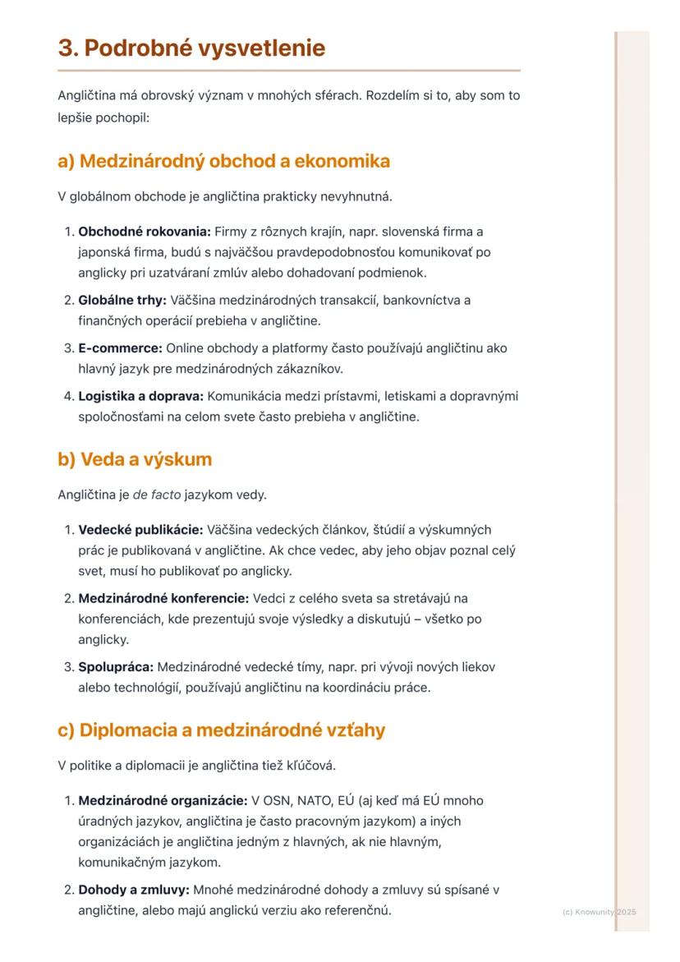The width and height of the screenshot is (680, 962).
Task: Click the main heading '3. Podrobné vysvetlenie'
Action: (x=191, y=48)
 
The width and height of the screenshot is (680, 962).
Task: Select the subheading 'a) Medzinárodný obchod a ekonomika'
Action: (x=223, y=161)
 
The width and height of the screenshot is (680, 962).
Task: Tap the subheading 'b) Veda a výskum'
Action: (x=135, y=459)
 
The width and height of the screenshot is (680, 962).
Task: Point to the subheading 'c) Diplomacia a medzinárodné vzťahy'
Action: (x=221, y=730)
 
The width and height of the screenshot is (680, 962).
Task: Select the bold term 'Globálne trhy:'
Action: (x=122, y=301)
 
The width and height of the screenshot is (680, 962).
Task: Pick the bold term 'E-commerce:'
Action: (x=114, y=348)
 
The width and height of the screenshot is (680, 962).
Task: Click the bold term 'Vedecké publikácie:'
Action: (x=140, y=530)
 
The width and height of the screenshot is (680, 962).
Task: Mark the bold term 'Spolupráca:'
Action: (x=116, y=666)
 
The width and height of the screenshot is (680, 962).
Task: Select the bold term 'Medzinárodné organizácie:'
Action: (x=163, y=800)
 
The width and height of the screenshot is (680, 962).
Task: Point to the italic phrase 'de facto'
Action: (x=153, y=495)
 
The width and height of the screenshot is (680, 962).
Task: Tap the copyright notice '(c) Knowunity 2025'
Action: (x=600, y=912)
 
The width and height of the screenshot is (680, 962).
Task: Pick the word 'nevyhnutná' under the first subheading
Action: (x=357, y=197)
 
